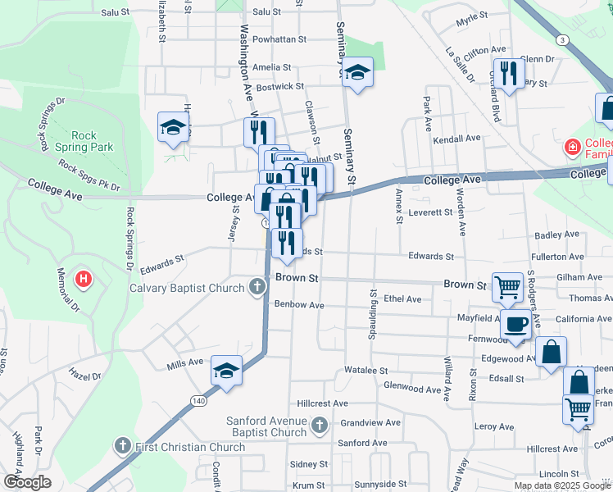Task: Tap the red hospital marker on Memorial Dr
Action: pos(83,280)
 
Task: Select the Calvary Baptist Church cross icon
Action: pos(257,287)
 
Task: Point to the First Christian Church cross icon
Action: pos(122,446)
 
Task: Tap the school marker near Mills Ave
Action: pos(226,370)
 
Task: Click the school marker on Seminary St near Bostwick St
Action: pos(357,72)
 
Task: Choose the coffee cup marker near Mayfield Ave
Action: pos(515,324)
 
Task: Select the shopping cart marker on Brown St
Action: pos(507,286)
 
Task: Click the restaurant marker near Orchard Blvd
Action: pos(509,73)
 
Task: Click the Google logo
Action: pos(27,482)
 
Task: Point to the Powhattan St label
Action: pos(279,39)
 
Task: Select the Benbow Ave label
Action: pos(299,305)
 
